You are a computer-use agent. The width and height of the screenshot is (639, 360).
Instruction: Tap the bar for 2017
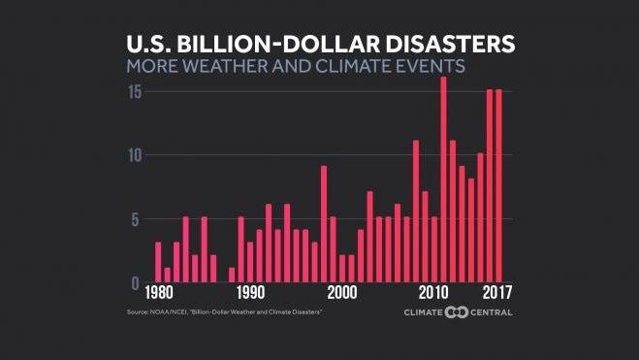(x=498, y=185)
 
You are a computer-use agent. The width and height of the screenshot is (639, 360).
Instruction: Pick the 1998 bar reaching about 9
(x=324, y=224)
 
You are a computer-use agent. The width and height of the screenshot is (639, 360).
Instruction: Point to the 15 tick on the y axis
(x=136, y=92)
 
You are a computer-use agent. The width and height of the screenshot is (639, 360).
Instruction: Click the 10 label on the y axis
(x=136, y=155)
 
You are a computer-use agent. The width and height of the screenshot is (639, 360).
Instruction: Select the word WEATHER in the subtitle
(x=235, y=67)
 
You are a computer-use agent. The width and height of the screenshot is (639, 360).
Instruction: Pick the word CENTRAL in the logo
(x=493, y=312)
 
